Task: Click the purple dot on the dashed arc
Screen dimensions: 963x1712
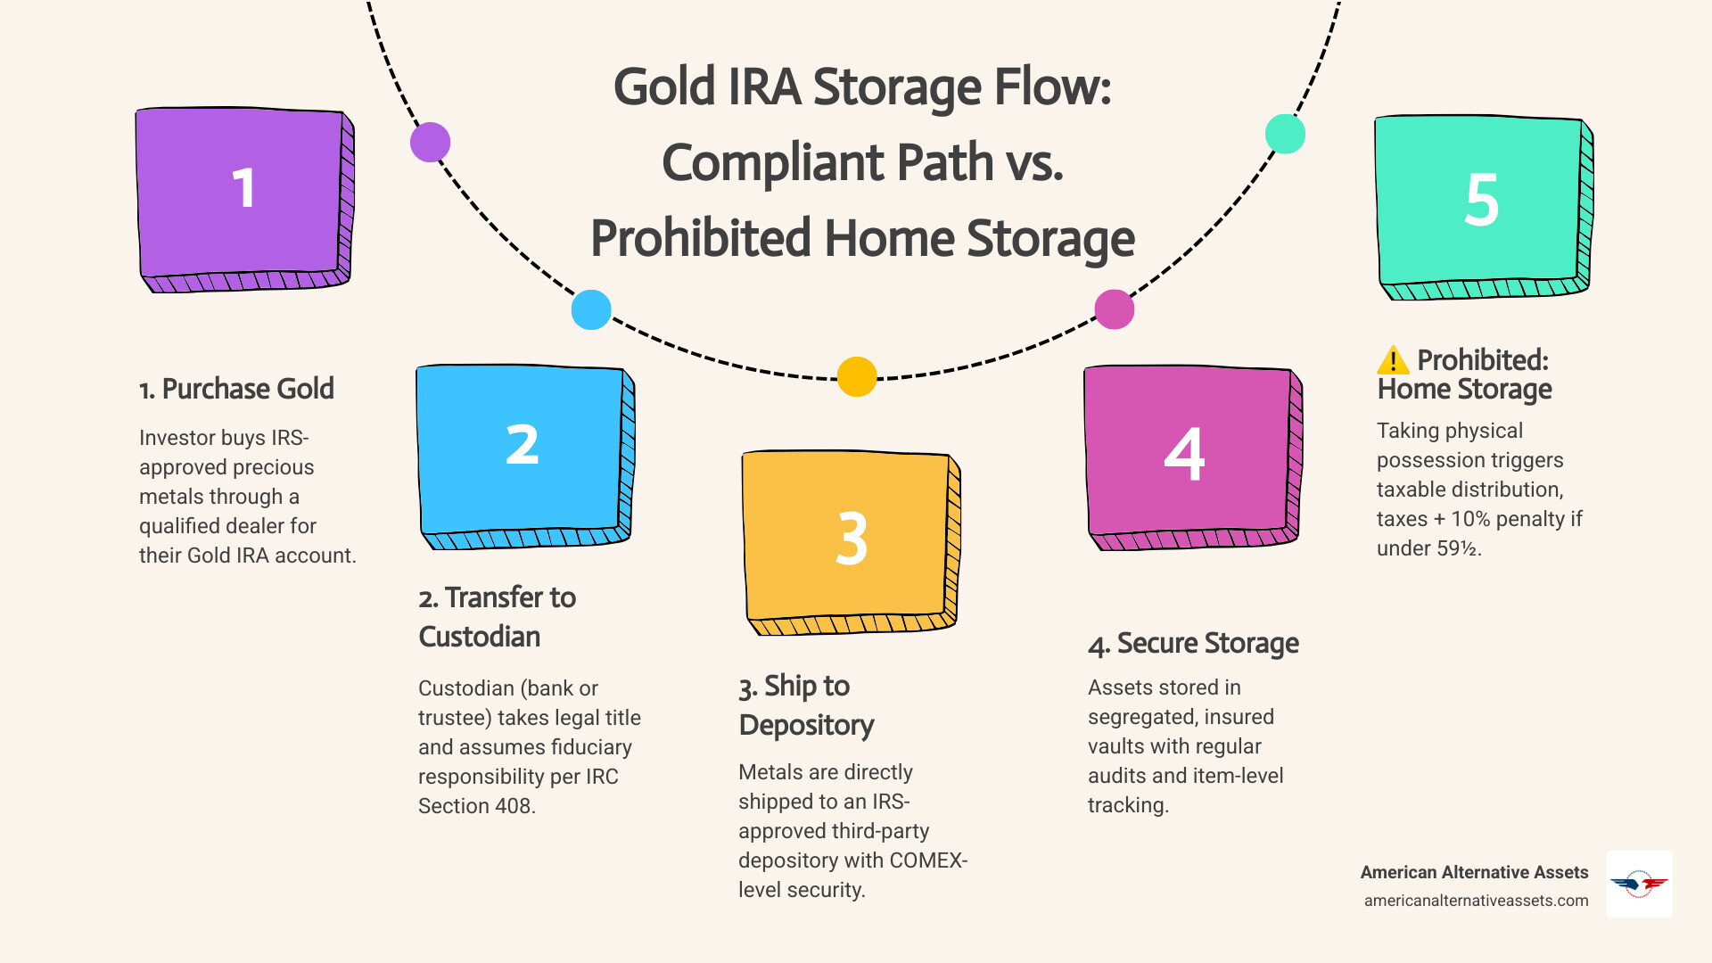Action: (x=430, y=143)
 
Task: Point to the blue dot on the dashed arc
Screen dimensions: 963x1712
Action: (x=591, y=309)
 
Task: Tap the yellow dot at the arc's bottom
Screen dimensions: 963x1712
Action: (x=857, y=376)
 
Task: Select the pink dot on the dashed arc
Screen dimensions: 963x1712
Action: (x=1114, y=309)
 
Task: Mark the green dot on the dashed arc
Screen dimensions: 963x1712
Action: (x=1285, y=134)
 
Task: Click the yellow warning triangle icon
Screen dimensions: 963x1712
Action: (x=1393, y=360)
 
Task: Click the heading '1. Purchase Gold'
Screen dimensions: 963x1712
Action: (x=236, y=389)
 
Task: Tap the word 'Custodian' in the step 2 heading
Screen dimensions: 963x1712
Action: (x=480, y=637)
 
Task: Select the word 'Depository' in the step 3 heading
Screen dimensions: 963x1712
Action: (x=806, y=725)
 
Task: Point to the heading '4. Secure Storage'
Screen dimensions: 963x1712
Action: (x=1193, y=643)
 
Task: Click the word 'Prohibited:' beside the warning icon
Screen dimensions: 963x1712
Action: (x=1482, y=360)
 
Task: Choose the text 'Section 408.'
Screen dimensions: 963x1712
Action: (x=476, y=806)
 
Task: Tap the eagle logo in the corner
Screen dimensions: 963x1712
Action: (x=1639, y=884)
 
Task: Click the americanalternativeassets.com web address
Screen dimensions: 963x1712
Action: (x=1476, y=901)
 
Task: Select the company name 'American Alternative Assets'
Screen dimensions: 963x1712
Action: (x=1474, y=872)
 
